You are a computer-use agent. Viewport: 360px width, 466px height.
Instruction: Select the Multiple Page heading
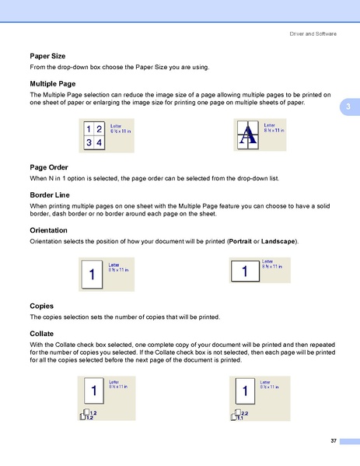coord(52,82)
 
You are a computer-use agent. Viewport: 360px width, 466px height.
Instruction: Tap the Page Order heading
coord(48,167)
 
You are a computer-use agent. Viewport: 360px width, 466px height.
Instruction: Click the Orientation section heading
coord(48,231)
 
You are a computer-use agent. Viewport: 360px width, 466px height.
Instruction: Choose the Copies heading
coord(41,306)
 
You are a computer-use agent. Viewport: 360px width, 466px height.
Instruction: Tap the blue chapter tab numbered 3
coord(349,106)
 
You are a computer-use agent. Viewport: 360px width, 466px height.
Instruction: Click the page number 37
coord(333,441)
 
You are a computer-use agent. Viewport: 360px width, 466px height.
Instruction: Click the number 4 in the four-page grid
coord(99,142)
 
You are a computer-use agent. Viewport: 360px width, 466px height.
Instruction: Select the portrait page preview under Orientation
coord(93,275)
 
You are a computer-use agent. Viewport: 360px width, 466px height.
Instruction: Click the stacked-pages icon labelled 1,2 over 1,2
coord(89,415)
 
